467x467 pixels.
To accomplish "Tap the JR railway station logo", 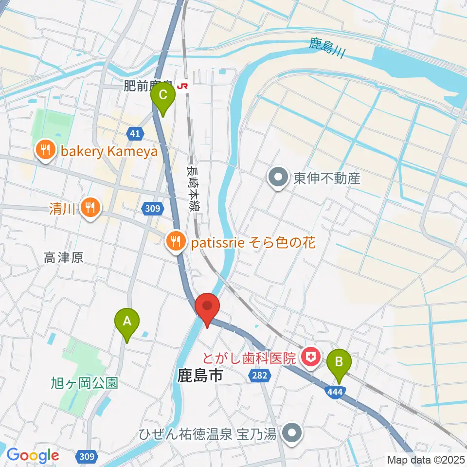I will pos(183,86).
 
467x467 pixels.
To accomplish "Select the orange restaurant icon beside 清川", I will pos(90,208).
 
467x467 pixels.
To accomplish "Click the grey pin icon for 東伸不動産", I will pos(279,178).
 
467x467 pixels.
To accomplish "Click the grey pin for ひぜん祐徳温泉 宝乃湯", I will pos(292,432).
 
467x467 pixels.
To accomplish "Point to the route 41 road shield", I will pos(136,133).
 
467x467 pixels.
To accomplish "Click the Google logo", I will pos(33,456).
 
